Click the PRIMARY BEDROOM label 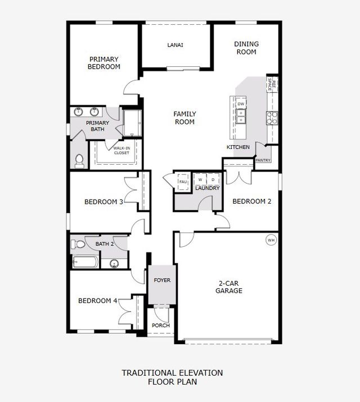point(104,62)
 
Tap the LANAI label point(175,46)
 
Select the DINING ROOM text point(246,48)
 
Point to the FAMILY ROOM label point(184,118)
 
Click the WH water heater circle point(271,240)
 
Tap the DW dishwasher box point(241,104)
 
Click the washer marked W point(200,180)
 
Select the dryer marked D point(213,180)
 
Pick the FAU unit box point(183,182)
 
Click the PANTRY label point(263,160)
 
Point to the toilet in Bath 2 point(78,245)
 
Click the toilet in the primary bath point(79,160)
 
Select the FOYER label point(161,280)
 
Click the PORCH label point(161,326)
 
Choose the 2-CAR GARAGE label point(229,287)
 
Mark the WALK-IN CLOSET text point(121,150)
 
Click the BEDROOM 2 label point(252,201)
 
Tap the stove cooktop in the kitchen point(272,118)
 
